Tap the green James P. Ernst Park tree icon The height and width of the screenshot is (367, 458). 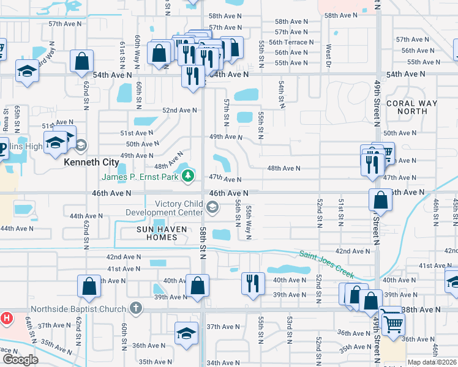[188, 177]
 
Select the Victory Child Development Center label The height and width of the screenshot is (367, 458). [163, 208]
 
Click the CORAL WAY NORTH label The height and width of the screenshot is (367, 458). [412, 107]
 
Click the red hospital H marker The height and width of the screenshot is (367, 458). [6, 318]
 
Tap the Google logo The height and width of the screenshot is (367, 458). [20, 359]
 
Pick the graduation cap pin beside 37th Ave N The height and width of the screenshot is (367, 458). [186, 333]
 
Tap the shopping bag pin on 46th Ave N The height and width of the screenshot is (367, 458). [380, 199]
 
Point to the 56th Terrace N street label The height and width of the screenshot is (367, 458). [295, 42]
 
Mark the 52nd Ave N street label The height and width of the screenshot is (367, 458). [179, 110]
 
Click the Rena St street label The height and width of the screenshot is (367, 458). [6, 119]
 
